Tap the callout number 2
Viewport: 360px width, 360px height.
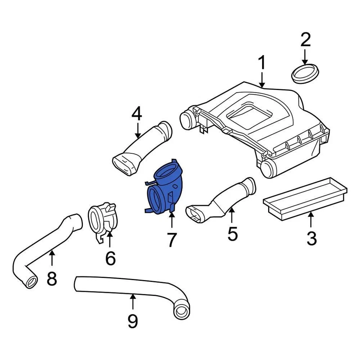[305, 40]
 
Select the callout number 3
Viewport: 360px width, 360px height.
[311, 238]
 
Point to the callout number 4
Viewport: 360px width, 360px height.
[137, 114]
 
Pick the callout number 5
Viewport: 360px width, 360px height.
[232, 234]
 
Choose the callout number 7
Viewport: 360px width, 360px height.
[171, 240]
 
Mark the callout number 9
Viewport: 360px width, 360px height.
[132, 321]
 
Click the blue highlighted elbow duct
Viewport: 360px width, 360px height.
[165, 189]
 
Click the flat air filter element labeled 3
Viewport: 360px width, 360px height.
[304, 197]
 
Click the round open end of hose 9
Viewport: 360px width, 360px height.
[181, 311]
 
